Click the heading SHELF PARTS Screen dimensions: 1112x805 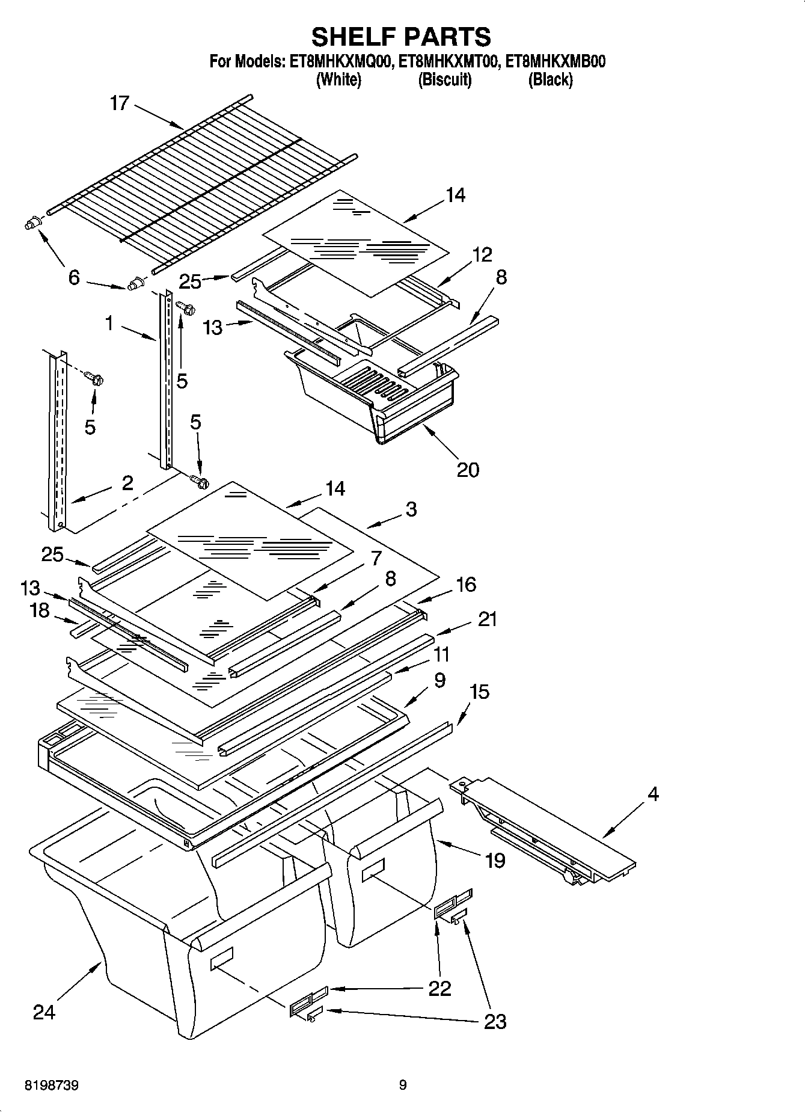click(x=401, y=37)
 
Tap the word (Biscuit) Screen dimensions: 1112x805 click(x=445, y=79)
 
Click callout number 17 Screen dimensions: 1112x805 click(x=120, y=103)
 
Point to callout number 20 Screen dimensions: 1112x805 click(x=468, y=469)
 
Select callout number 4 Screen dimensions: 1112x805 click(x=653, y=794)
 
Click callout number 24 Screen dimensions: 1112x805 click(x=44, y=1012)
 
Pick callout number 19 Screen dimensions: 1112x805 click(x=495, y=861)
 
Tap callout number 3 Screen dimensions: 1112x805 click(x=411, y=509)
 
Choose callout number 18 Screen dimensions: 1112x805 click(x=40, y=610)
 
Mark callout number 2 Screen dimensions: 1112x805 click(x=127, y=483)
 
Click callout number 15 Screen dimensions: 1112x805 click(x=479, y=692)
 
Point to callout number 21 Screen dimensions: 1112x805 click(x=487, y=619)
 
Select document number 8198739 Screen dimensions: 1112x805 click(x=52, y=1086)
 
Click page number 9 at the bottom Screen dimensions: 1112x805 click(x=403, y=1086)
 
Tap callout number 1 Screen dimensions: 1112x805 click(x=109, y=324)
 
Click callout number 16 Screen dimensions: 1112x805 click(x=466, y=584)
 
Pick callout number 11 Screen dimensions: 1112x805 click(x=441, y=654)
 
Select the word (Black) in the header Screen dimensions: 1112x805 click(x=550, y=79)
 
